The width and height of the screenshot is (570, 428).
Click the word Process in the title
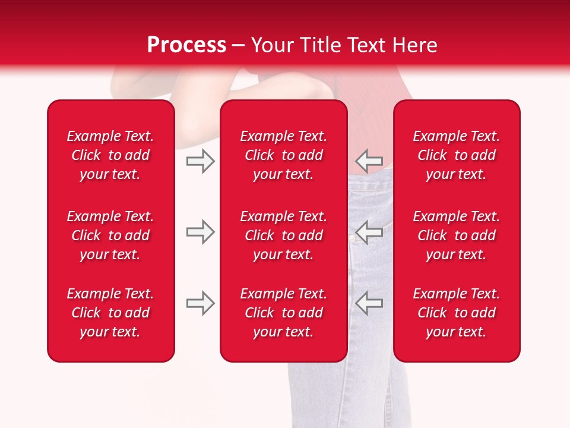pyautogui.click(x=186, y=45)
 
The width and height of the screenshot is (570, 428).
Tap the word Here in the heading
pyautogui.click(x=414, y=45)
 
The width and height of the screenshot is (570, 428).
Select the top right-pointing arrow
pyautogui.click(x=200, y=160)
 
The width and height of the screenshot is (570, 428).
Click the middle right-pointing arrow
pyautogui.click(x=200, y=232)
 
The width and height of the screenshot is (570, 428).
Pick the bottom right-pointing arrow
pyautogui.click(x=200, y=303)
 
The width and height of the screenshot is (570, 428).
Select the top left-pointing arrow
pyautogui.click(x=369, y=160)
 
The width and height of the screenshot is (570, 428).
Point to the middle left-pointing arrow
pyautogui.click(x=369, y=232)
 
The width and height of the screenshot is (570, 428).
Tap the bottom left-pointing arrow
pyautogui.click(x=369, y=303)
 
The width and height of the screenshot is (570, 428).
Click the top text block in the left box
pyautogui.click(x=110, y=155)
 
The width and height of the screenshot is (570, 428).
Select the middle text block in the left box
pyautogui.click(x=110, y=235)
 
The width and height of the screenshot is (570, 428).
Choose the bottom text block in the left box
pyautogui.click(x=110, y=313)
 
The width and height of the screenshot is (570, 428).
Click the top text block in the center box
pyautogui.click(x=284, y=155)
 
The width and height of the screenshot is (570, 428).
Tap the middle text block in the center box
pyautogui.click(x=284, y=235)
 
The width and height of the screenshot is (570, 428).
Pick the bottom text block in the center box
pyautogui.click(x=284, y=313)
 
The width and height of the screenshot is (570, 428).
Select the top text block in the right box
pyautogui.click(x=457, y=155)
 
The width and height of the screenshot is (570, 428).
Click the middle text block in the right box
pyautogui.click(x=457, y=235)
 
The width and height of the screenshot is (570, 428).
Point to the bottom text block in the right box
pyautogui.click(x=457, y=313)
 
